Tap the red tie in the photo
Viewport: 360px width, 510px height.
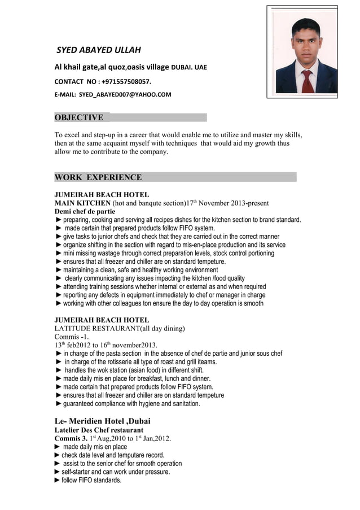[x=306, y=80]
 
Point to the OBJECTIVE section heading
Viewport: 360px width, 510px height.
[x=78, y=117]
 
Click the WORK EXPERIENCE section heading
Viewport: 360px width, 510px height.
[x=98, y=177]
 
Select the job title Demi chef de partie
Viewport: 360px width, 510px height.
[x=84, y=211]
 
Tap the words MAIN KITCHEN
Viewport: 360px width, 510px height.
[x=82, y=203]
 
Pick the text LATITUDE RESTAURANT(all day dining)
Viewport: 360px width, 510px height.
[x=120, y=329]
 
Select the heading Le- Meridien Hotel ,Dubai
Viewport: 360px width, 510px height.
[x=102, y=421]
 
